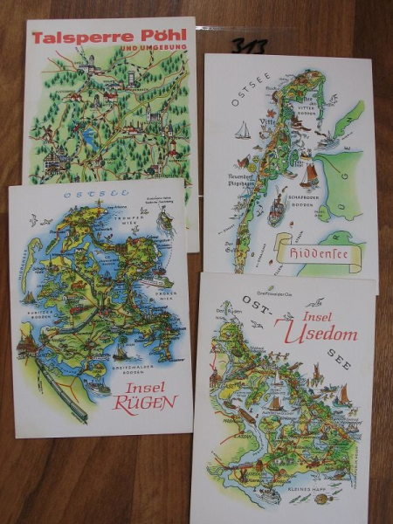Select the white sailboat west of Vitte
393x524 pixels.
click(x=243, y=131)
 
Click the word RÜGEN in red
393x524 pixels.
click(x=144, y=403)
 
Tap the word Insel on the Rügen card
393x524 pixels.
click(x=144, y=386)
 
